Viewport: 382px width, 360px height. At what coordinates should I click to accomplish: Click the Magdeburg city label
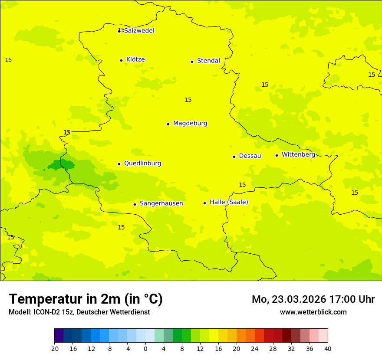190,124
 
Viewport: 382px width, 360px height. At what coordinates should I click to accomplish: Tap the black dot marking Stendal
192,62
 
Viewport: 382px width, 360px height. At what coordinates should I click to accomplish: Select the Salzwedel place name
139,31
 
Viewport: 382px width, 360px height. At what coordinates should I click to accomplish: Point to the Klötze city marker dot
121,60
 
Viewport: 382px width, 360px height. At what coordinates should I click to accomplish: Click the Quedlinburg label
142,164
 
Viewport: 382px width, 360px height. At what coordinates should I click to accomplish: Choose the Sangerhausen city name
161,203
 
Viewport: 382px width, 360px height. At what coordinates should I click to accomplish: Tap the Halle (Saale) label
229,202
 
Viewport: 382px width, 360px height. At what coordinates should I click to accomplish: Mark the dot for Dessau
234,157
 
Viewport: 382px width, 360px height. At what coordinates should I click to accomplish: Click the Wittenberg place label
298,154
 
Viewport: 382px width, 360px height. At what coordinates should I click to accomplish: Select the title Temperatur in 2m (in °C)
86,299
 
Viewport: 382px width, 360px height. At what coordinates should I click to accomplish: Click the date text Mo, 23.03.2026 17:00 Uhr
313,299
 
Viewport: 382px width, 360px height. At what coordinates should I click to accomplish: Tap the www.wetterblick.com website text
313,312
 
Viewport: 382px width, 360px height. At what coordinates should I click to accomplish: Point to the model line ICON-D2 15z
79,312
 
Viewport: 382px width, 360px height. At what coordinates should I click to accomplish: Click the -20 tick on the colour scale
54,348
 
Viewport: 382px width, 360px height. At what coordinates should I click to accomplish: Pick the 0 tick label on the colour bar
145,348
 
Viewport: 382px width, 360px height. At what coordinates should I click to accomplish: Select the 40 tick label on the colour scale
328,348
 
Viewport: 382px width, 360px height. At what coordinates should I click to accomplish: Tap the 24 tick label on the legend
255,348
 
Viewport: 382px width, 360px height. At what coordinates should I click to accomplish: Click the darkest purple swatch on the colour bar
59,336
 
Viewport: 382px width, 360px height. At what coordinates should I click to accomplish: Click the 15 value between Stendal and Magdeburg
188,100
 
